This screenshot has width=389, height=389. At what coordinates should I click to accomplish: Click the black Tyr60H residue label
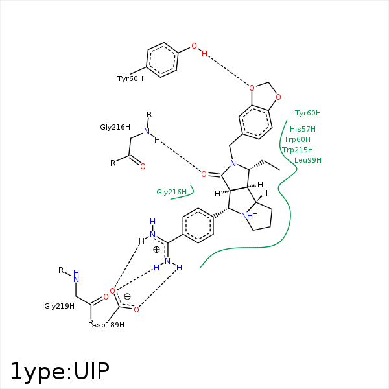tap(130, 78)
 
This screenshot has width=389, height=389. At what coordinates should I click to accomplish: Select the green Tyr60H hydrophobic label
tap(308, 113)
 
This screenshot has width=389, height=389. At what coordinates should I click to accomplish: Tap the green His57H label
tap(303, 129)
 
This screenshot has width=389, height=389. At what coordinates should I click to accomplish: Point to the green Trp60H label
tap(297, 139)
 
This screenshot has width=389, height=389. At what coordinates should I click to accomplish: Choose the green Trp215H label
tap(298, 150)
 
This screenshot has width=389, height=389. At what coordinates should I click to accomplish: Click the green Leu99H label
tap(308, 160)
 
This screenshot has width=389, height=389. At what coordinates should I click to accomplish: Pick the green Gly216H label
tap(171, 192)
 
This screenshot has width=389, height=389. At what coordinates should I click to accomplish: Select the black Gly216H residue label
tap(115, 127)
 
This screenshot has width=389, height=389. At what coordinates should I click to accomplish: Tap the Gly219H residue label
tap(60, 305)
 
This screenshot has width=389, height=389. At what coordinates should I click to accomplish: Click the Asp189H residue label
tap(109, 324)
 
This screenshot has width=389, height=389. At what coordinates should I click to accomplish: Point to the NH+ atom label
tap(249, 215)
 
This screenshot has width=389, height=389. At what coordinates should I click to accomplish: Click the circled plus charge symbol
tap(156, 249)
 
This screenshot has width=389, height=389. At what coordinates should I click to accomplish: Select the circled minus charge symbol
tap(127, 297)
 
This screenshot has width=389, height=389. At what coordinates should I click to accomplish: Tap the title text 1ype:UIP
tap(59, 371)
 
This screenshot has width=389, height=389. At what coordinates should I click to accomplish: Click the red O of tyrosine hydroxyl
tap(193, 46)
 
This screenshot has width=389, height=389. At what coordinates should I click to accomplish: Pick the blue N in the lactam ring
tap(233, 165)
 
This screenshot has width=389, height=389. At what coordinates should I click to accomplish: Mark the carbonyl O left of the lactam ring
tap(204, 174)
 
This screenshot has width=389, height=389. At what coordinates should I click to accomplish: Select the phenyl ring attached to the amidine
tap(198, 226)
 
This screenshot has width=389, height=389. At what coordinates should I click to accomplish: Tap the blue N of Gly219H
tap(76, 279)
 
